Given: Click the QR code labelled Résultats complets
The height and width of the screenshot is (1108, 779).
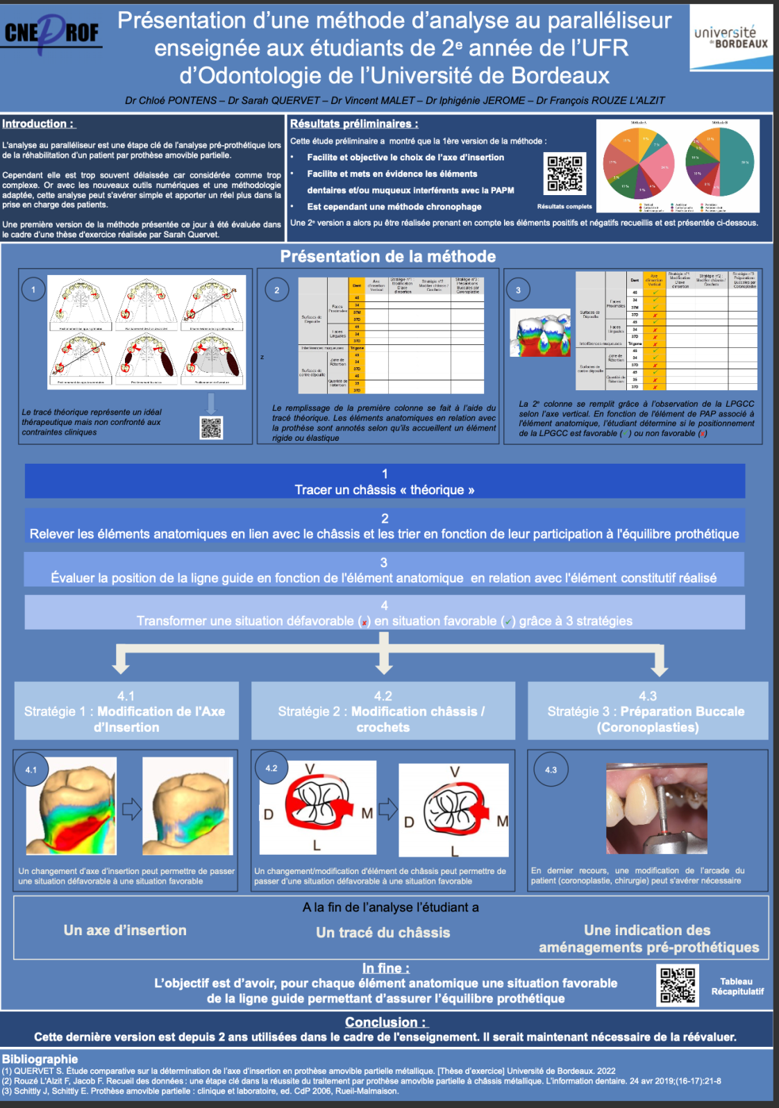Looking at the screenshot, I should (x=565, y=173).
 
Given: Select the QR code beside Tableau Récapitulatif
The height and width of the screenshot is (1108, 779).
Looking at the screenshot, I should (x=677, y=985).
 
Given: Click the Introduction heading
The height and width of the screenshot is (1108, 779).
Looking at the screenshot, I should (x=38, y=124).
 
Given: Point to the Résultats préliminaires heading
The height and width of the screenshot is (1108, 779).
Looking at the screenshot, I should (x=353, y=124).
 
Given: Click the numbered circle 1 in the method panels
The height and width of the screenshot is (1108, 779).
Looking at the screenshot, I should (x=33, y=289).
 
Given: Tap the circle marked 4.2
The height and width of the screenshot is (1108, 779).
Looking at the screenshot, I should (x=271, y=769).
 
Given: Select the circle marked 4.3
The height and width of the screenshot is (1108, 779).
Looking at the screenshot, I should (x=551, y=770).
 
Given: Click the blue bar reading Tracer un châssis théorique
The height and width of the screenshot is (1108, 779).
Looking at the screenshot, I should (x=385, y=482).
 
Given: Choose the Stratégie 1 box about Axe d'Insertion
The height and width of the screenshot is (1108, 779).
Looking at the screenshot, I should (x=126, y=711).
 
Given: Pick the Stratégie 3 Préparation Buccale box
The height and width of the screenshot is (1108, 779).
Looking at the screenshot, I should (x=647, y=711).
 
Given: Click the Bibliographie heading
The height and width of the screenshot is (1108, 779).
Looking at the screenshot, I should (x=40, y=1059).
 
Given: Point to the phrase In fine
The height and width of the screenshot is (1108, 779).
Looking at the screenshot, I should (x=385, y=968).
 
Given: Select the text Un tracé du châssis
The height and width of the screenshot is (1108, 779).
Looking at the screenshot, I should (x=383, y=932).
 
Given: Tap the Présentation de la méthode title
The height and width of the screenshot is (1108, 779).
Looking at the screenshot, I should (x=387, y=257).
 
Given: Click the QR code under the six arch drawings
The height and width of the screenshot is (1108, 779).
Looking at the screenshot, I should (x=211, y=428).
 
